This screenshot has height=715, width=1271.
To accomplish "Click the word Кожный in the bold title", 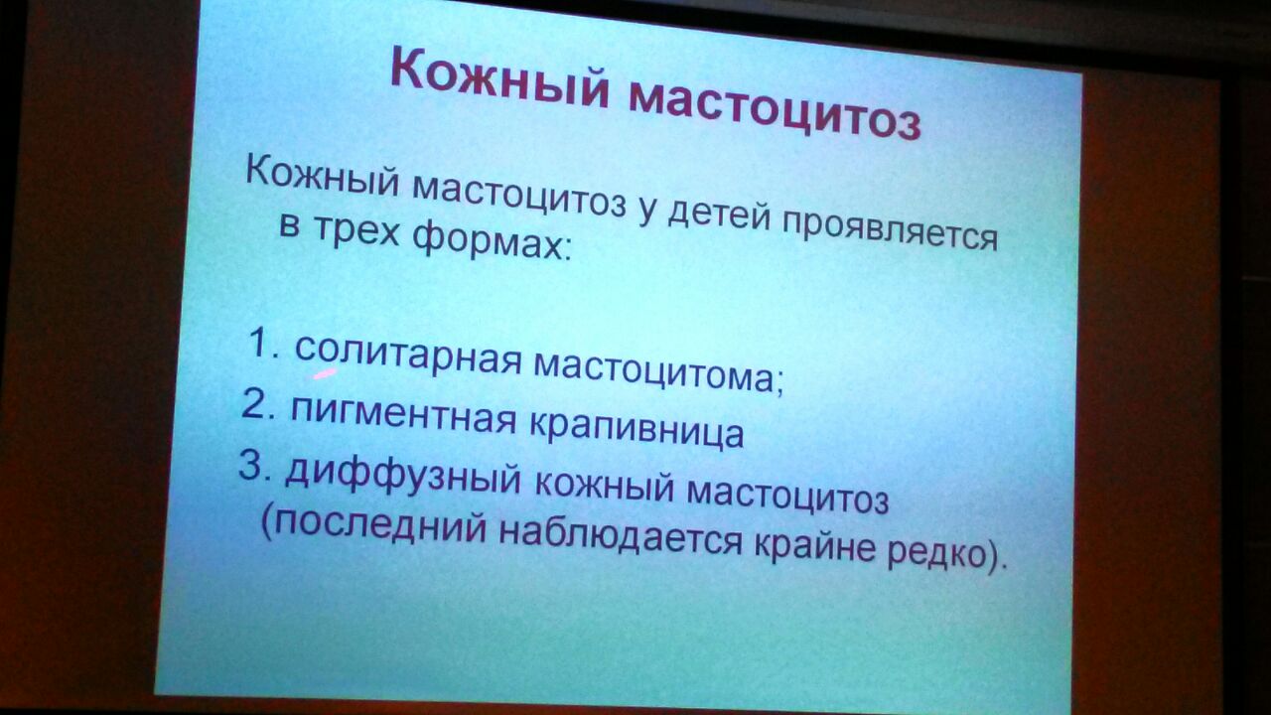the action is coord(498,79).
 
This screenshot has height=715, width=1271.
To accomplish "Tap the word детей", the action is coord(718,215).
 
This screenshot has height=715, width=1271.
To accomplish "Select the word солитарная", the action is coord(408,356).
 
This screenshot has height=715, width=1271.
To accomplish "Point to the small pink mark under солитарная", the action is coord(325,372).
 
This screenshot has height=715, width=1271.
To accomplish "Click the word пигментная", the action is coord(403,416).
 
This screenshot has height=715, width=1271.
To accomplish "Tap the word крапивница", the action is coord(636,430).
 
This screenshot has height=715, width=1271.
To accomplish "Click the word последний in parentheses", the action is coord(378,526).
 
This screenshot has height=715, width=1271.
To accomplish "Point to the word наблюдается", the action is coord(621,539).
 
